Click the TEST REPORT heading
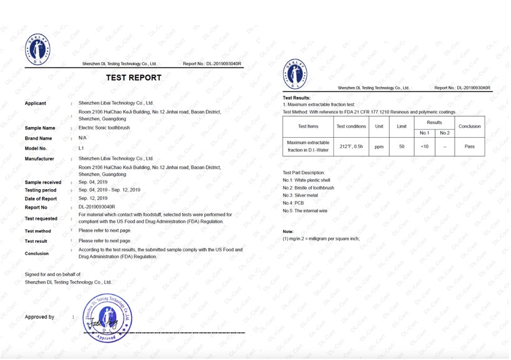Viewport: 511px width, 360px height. [x=133, y=78]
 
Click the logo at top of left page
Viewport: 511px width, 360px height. [x=38, y=49]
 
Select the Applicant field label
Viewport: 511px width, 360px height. [x=35, y=103]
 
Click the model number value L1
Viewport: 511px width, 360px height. [x=81, y=148]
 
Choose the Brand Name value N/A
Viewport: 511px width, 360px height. [x=83, y=138]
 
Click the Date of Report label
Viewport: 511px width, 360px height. [x=41, y=198]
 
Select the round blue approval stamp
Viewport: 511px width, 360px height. [x=108, y=318]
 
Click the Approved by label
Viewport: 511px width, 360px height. [x=39, y=317]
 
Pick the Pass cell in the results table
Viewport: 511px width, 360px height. [x=470, y=147]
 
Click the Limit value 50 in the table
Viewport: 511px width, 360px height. [x=401, y=147]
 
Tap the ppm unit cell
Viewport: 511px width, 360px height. [x=379, y=147]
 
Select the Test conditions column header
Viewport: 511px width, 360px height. [x=351, y=126]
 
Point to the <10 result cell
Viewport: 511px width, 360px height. [x=424, y=147]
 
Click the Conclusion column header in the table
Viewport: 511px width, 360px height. [x=470, y=126]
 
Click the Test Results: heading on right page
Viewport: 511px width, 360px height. [x=296, y=98]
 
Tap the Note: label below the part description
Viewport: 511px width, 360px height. [x=288, y=232]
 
